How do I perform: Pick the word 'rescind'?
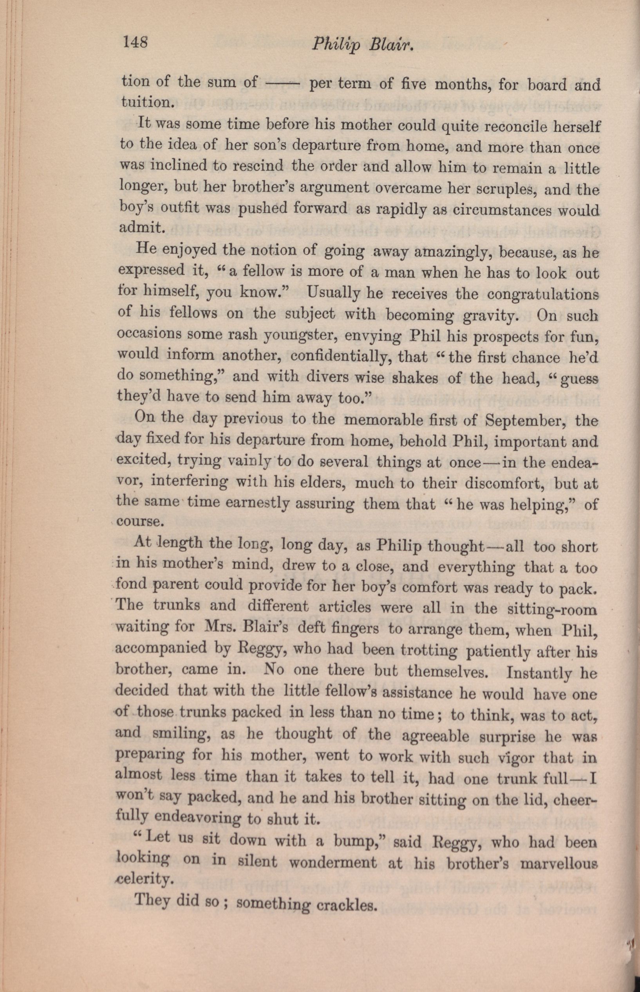258,167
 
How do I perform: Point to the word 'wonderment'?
333,863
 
